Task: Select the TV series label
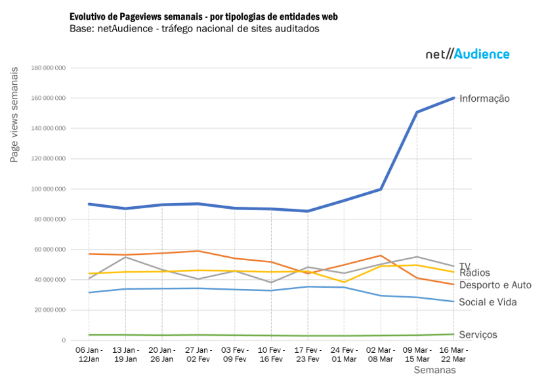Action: click(x=464, y=266)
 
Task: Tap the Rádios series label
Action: click(x=474, y=273)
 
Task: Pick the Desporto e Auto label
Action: click(x=495, y=285)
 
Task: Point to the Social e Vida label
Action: click(x=488, y=302)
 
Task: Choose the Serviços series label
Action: click(x=478, y=335)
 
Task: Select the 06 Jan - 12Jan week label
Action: click(x=89, y=355)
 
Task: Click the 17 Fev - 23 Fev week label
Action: click(x=307, y=355)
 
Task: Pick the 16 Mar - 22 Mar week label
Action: click(x=453, y=355)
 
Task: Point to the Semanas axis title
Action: click(x=434, y=370)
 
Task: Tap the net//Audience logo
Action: click(x=467, y=55)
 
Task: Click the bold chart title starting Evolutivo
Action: click(x=208, y=16)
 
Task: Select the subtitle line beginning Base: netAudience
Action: click(x=194, y=29)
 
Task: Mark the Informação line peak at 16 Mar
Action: click(x=453, y=99)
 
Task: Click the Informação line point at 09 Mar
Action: click(x=417, y=112)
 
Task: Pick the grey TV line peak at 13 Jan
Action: click(x=125, y=257)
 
